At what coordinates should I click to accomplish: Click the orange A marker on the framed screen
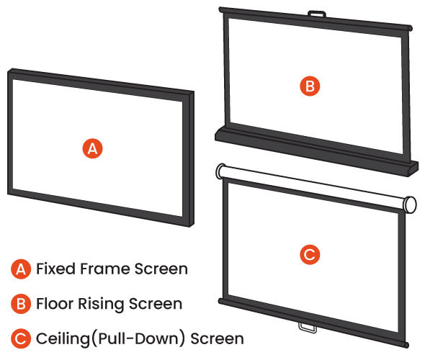(92, 148)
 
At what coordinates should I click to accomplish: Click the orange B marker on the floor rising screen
(310, 86)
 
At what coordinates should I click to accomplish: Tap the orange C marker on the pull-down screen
(310, 254)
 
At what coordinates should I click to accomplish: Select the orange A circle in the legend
(21, 269)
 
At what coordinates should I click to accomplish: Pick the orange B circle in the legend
(21, 304)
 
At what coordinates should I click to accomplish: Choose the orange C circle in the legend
(21, 338)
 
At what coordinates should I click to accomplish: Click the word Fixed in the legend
(56, 269)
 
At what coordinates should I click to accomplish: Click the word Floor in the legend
(55, 303)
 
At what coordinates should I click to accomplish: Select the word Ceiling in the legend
(63, 339)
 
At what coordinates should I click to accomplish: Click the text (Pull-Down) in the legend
(139, 338)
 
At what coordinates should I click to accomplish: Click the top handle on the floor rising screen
(316, 14)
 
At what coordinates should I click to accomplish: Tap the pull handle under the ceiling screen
(308, 327)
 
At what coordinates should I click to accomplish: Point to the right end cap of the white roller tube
(410, 204)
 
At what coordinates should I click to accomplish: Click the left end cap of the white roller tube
(220, 171)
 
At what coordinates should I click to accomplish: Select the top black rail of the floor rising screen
(316, 22)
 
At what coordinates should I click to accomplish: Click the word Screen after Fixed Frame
(161, 269)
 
